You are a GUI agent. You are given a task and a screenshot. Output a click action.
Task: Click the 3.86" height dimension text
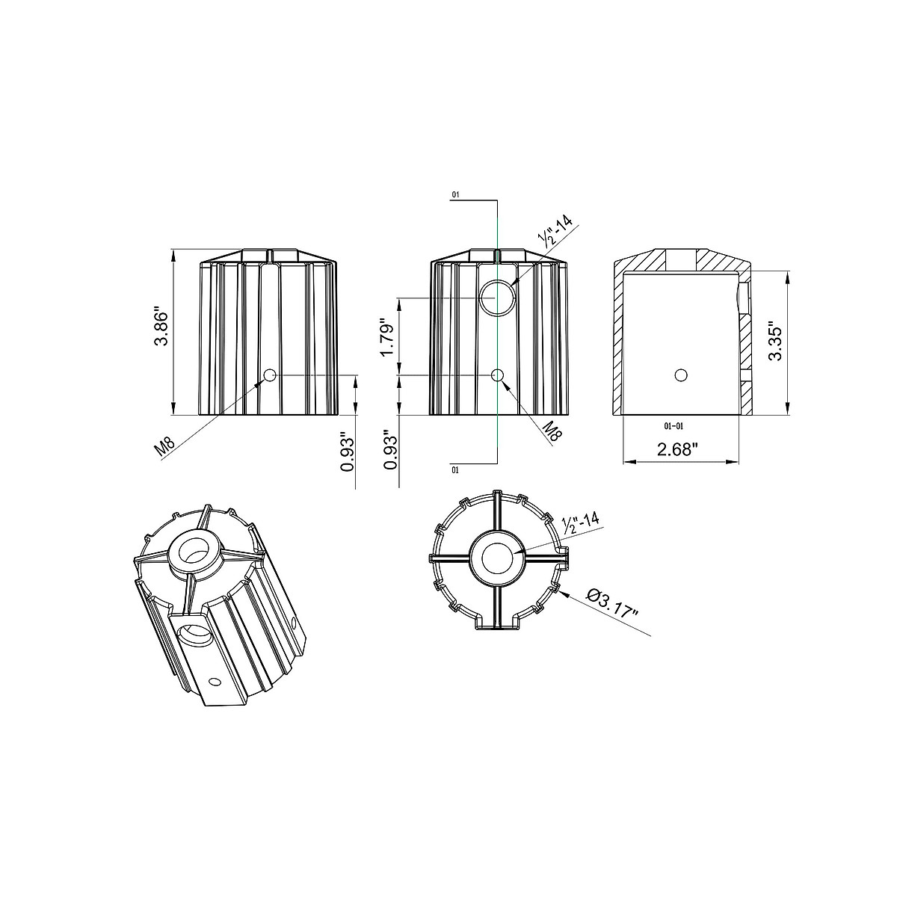(x=163, y=326)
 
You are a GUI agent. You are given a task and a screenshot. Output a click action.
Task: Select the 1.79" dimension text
(x=387, y=337)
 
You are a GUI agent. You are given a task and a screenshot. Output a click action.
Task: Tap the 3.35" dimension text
(x=775, y=341)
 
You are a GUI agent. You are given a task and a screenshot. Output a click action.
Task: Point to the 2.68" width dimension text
(x=678, y=450)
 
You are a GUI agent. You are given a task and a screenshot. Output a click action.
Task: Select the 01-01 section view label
(x=673, y=426)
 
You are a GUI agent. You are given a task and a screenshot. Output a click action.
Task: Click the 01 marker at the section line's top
(x=455, y=195)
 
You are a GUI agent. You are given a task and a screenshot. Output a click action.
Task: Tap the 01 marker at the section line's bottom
(x=455, y=471)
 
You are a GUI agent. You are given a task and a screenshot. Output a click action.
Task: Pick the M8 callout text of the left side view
(x=164, y=446)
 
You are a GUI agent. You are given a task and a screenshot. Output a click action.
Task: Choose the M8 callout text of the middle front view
(x=552, y=431)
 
